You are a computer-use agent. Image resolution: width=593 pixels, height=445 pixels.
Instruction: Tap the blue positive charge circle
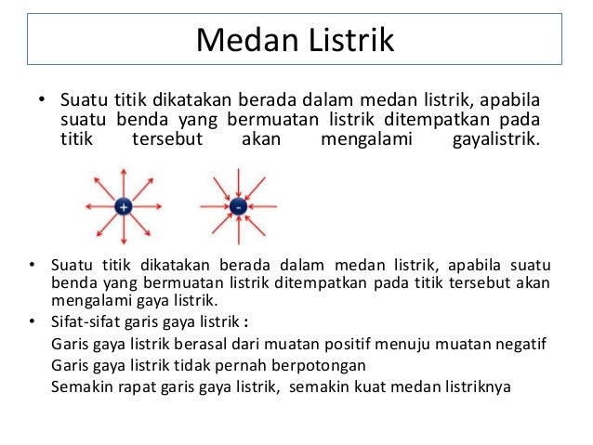(123, 206)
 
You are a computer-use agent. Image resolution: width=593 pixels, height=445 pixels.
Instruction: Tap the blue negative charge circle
(238, 206)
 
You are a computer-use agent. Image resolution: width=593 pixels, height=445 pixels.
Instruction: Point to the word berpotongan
(326, 366)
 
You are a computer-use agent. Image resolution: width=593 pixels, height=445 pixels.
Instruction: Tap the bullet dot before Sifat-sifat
(32, 323)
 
